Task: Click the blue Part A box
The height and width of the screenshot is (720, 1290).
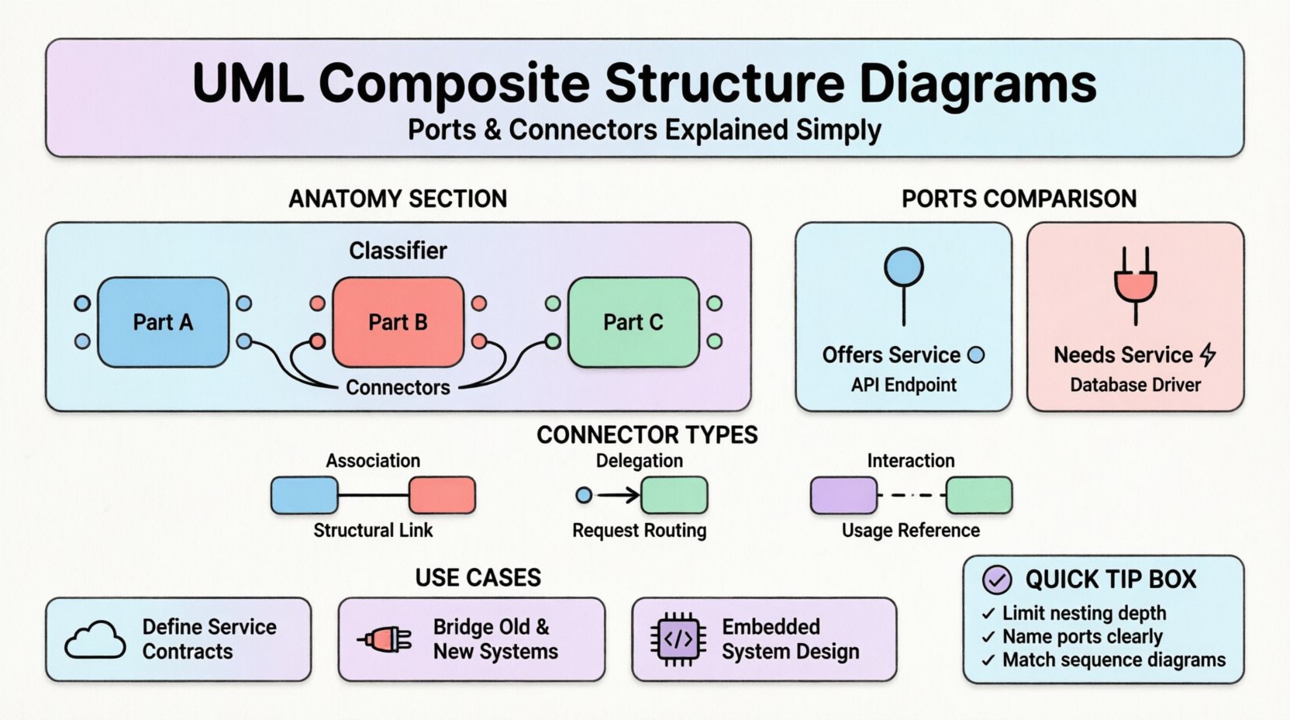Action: pos(163,322)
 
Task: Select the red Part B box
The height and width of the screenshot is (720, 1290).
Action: pos(398,322)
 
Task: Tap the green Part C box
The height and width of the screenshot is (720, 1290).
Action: pos(633,322)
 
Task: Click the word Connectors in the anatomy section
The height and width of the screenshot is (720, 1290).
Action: pos(398,387)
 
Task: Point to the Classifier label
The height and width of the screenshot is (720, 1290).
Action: pos(398,251)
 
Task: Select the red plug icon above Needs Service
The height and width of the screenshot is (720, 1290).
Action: pos(1136,285)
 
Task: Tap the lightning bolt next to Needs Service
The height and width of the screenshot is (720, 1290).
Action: pos(1208,355)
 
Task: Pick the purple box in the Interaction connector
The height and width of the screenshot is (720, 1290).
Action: pos(843,495)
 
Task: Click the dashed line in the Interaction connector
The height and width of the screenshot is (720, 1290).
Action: pos(912,495)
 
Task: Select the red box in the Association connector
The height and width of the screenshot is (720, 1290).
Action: pos(442,495)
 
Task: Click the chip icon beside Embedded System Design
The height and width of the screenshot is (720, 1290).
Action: pos(678,639)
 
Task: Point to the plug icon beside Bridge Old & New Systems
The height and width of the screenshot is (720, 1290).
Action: pos(385,639)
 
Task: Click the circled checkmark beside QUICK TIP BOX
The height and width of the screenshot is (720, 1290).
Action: pos(997,579)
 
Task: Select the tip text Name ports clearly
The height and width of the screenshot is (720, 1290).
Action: pos(1082,637)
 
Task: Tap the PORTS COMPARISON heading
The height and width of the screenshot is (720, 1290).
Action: pos(1019,199)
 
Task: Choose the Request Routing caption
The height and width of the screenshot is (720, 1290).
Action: pos(639,531)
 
